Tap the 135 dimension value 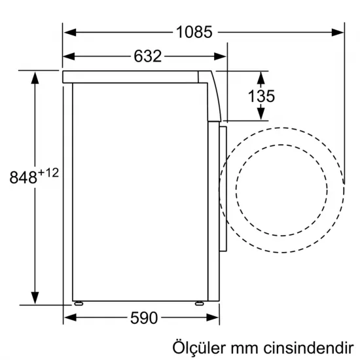coord(261,96)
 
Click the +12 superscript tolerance coord(49,172)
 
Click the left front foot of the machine coord(79,302)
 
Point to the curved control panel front coord(214,95)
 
